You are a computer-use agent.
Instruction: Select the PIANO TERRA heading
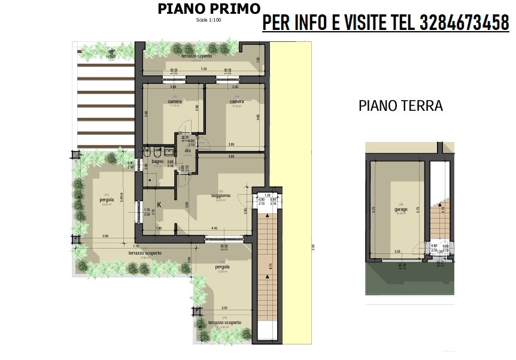click(x=400, y=106)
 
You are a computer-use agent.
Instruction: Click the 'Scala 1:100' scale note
click(x=208, y=20)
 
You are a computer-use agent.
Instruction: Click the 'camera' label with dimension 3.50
click(x=237, y=101)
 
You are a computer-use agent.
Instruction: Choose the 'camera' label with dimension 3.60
click(x=175, y=101)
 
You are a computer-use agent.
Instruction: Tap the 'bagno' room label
click(x=157, y=161)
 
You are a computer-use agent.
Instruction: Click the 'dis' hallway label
click(x=187, y=150)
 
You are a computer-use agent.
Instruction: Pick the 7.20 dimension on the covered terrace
click(x=204, y=69)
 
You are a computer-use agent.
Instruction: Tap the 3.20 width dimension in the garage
click(x=396, y=252)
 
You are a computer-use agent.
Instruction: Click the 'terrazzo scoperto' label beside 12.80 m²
click(x=145, y=253)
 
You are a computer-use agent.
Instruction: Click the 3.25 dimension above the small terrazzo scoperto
click(x=223, y=308)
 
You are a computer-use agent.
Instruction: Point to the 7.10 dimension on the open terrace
click(x=136, y=246)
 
